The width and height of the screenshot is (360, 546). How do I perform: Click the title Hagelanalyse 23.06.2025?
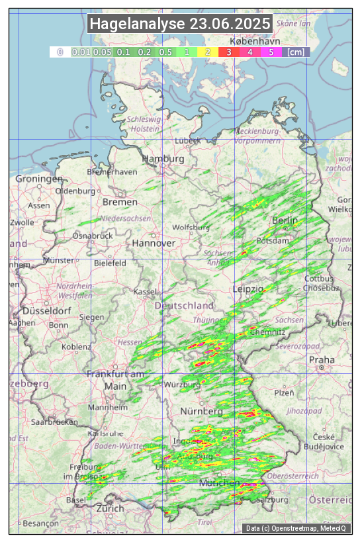(x=180, y=24)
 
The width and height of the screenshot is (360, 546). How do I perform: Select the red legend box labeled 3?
(x=228, y=52)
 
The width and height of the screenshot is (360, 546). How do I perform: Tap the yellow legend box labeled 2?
(x=208, y=52)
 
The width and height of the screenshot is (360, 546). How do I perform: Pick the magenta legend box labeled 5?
(x=271, y=52)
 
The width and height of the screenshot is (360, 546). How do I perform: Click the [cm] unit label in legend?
(x=296, y=52)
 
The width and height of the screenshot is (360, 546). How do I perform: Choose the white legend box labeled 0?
(x=60, y=52)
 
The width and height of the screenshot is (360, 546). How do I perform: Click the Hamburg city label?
(x=163, y=159)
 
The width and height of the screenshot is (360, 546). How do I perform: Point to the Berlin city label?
(x=285, y=220)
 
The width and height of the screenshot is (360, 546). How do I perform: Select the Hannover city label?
(x=154, y=243)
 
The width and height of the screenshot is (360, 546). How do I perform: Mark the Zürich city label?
(x=110, y=508)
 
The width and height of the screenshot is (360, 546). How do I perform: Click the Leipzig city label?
(x=249, y=289)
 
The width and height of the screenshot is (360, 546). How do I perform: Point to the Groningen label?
(x=39, y=179)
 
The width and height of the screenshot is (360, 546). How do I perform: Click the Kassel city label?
(x=144, y=292)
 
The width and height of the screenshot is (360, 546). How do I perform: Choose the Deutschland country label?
(x=184, y=306)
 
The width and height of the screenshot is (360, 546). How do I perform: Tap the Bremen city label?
(x=120, y=202)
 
